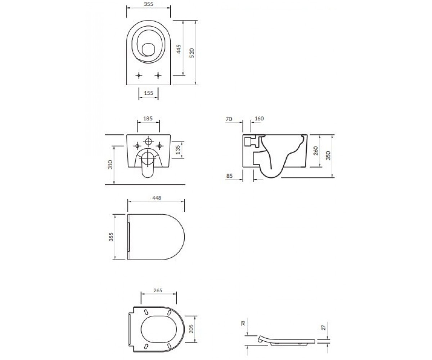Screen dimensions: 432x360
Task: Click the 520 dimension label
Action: coord(192,53)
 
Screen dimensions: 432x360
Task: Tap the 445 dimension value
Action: coord(179,49)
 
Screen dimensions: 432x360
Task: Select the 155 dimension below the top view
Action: coord(148,93)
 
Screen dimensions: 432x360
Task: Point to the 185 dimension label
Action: coord(148,118)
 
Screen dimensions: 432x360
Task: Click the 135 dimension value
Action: coord(178,150)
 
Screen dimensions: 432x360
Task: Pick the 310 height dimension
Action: coord(110,165)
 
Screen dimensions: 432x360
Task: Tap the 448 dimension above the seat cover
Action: coord(157,198)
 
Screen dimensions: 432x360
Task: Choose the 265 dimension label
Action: coord(158,291)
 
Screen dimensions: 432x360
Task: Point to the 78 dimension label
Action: coord(243,323)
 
